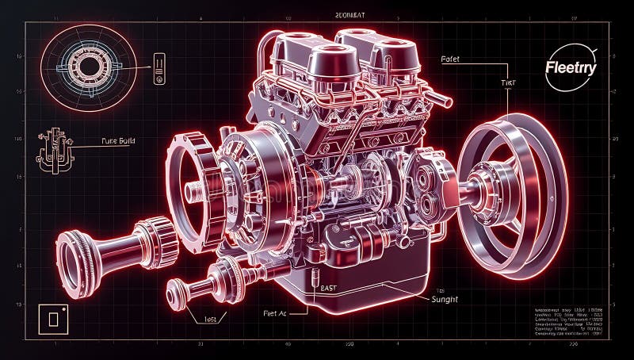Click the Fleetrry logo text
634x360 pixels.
571,68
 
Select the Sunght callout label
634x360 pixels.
447,299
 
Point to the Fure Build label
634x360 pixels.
118,141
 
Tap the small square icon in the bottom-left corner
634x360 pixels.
54,319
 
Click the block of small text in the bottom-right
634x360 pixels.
567,320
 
